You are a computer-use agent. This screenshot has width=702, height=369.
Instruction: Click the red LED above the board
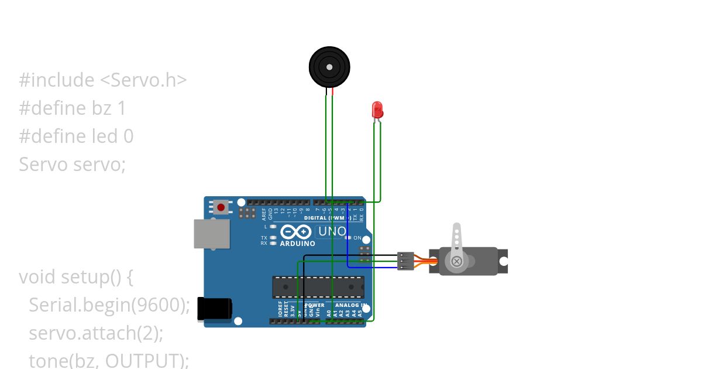click(377, 110)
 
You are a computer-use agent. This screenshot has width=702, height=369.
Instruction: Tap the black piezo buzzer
click(329, 67)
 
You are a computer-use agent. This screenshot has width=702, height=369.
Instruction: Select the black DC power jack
click(214, 309)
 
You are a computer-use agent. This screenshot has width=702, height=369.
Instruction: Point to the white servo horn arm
click(458, 241)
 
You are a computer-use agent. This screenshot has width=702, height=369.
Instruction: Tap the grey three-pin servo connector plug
click(405, 261)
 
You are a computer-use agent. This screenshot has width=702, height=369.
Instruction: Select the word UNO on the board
click(332, 232)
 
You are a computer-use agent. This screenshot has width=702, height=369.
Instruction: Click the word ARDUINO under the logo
click(298, 243)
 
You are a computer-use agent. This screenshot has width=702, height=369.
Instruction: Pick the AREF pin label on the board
click(264, 213)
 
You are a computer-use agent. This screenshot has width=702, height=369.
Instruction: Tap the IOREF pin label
click(280, 310)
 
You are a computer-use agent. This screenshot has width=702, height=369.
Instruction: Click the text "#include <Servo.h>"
click(103, 80)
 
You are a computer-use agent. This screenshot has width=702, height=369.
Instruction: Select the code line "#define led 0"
click(76, 136)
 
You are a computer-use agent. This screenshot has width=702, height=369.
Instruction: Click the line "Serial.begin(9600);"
click(109, 305)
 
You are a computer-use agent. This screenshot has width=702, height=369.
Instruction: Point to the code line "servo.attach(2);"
click(96, 333)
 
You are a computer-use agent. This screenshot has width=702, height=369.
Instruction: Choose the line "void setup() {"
click(76, 276)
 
